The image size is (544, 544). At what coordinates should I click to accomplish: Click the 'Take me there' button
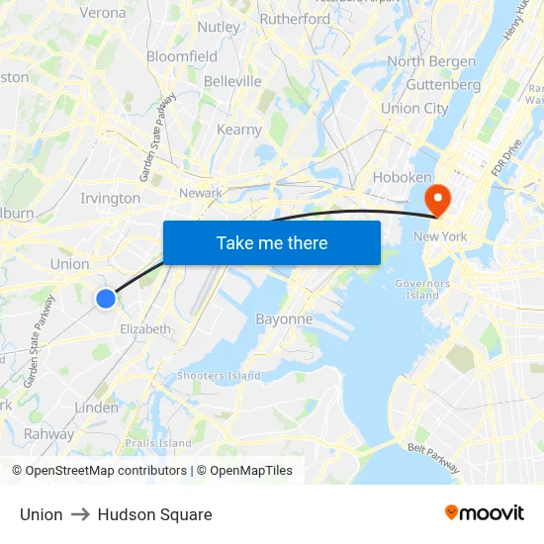272,242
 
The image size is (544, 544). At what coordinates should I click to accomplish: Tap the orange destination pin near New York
436,200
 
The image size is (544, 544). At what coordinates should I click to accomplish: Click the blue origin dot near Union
106,298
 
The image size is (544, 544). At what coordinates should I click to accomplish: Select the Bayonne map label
284,319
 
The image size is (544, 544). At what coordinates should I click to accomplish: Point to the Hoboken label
402,177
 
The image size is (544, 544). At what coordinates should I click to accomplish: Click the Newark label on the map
201,193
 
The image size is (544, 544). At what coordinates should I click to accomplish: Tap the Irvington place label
110,198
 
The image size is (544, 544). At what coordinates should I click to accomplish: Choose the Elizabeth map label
145,328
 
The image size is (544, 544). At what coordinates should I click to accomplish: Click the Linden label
96,408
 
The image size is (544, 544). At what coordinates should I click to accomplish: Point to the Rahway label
48,433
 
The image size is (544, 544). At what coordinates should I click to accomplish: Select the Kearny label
238,130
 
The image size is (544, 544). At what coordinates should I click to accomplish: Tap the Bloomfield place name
182,56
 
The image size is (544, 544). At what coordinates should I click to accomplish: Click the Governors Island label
422,289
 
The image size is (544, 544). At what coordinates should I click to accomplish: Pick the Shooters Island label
219,376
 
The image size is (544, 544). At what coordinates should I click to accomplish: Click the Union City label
414,109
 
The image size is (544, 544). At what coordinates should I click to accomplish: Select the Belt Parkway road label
431,450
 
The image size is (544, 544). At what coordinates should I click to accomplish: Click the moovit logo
485,513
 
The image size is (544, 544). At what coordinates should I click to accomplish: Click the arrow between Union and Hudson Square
80,514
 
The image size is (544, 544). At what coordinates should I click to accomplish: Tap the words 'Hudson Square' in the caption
154,514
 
